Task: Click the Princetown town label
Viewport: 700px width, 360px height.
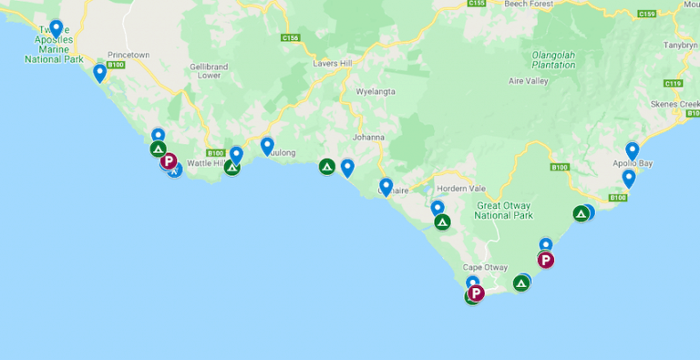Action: (128, 55)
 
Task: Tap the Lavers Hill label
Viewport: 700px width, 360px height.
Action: (332, 63)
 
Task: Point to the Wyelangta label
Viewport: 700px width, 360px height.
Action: (376, 92)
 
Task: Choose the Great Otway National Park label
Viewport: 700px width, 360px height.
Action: (504, 211)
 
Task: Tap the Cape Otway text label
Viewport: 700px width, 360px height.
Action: (484, 267)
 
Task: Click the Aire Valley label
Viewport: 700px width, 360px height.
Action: (530, 81)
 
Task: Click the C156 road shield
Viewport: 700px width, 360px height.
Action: (291, 38)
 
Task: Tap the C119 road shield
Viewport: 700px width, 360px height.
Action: (674, 84)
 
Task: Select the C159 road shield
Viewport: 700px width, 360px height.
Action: (647, 14)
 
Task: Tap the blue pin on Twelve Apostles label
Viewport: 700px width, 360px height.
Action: (57, 29)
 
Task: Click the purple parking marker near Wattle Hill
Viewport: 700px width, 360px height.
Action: (169, 161)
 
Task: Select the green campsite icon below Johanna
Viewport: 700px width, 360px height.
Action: (327, 167)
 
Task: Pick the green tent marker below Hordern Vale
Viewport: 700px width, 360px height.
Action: (442, 221)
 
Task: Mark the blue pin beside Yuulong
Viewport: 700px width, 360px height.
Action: (267, 145)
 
